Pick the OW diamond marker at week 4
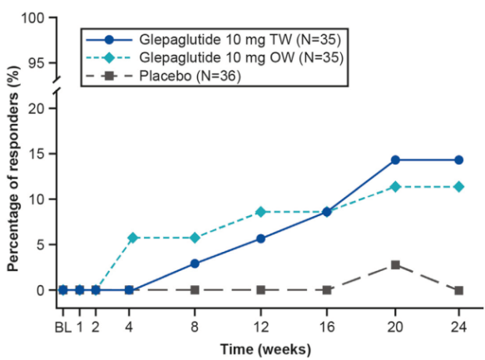pyautogui.click(x=129, y=238)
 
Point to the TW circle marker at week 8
pyautogui.click(x=195, y=264)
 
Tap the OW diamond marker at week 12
pyautogui.click(x=260, y=212)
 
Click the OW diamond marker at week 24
pyautogui.click(x=458, y=186)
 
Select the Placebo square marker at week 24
pyautogui.click(x=458, y=290)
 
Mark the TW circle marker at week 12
pyautogui.click(x=260, y=239)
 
